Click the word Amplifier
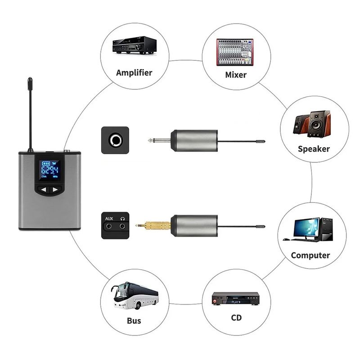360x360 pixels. coord(134,72)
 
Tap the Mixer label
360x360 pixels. coord(235,75)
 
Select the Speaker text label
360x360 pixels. coord(314,149)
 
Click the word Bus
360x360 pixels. coord(134,320)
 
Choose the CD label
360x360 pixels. coord(236,318)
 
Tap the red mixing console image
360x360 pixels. coord(234,50)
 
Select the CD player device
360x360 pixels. coord(236,298)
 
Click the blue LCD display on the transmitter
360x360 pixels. coord(50,170)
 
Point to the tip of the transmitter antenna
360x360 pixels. coord(30,81)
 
